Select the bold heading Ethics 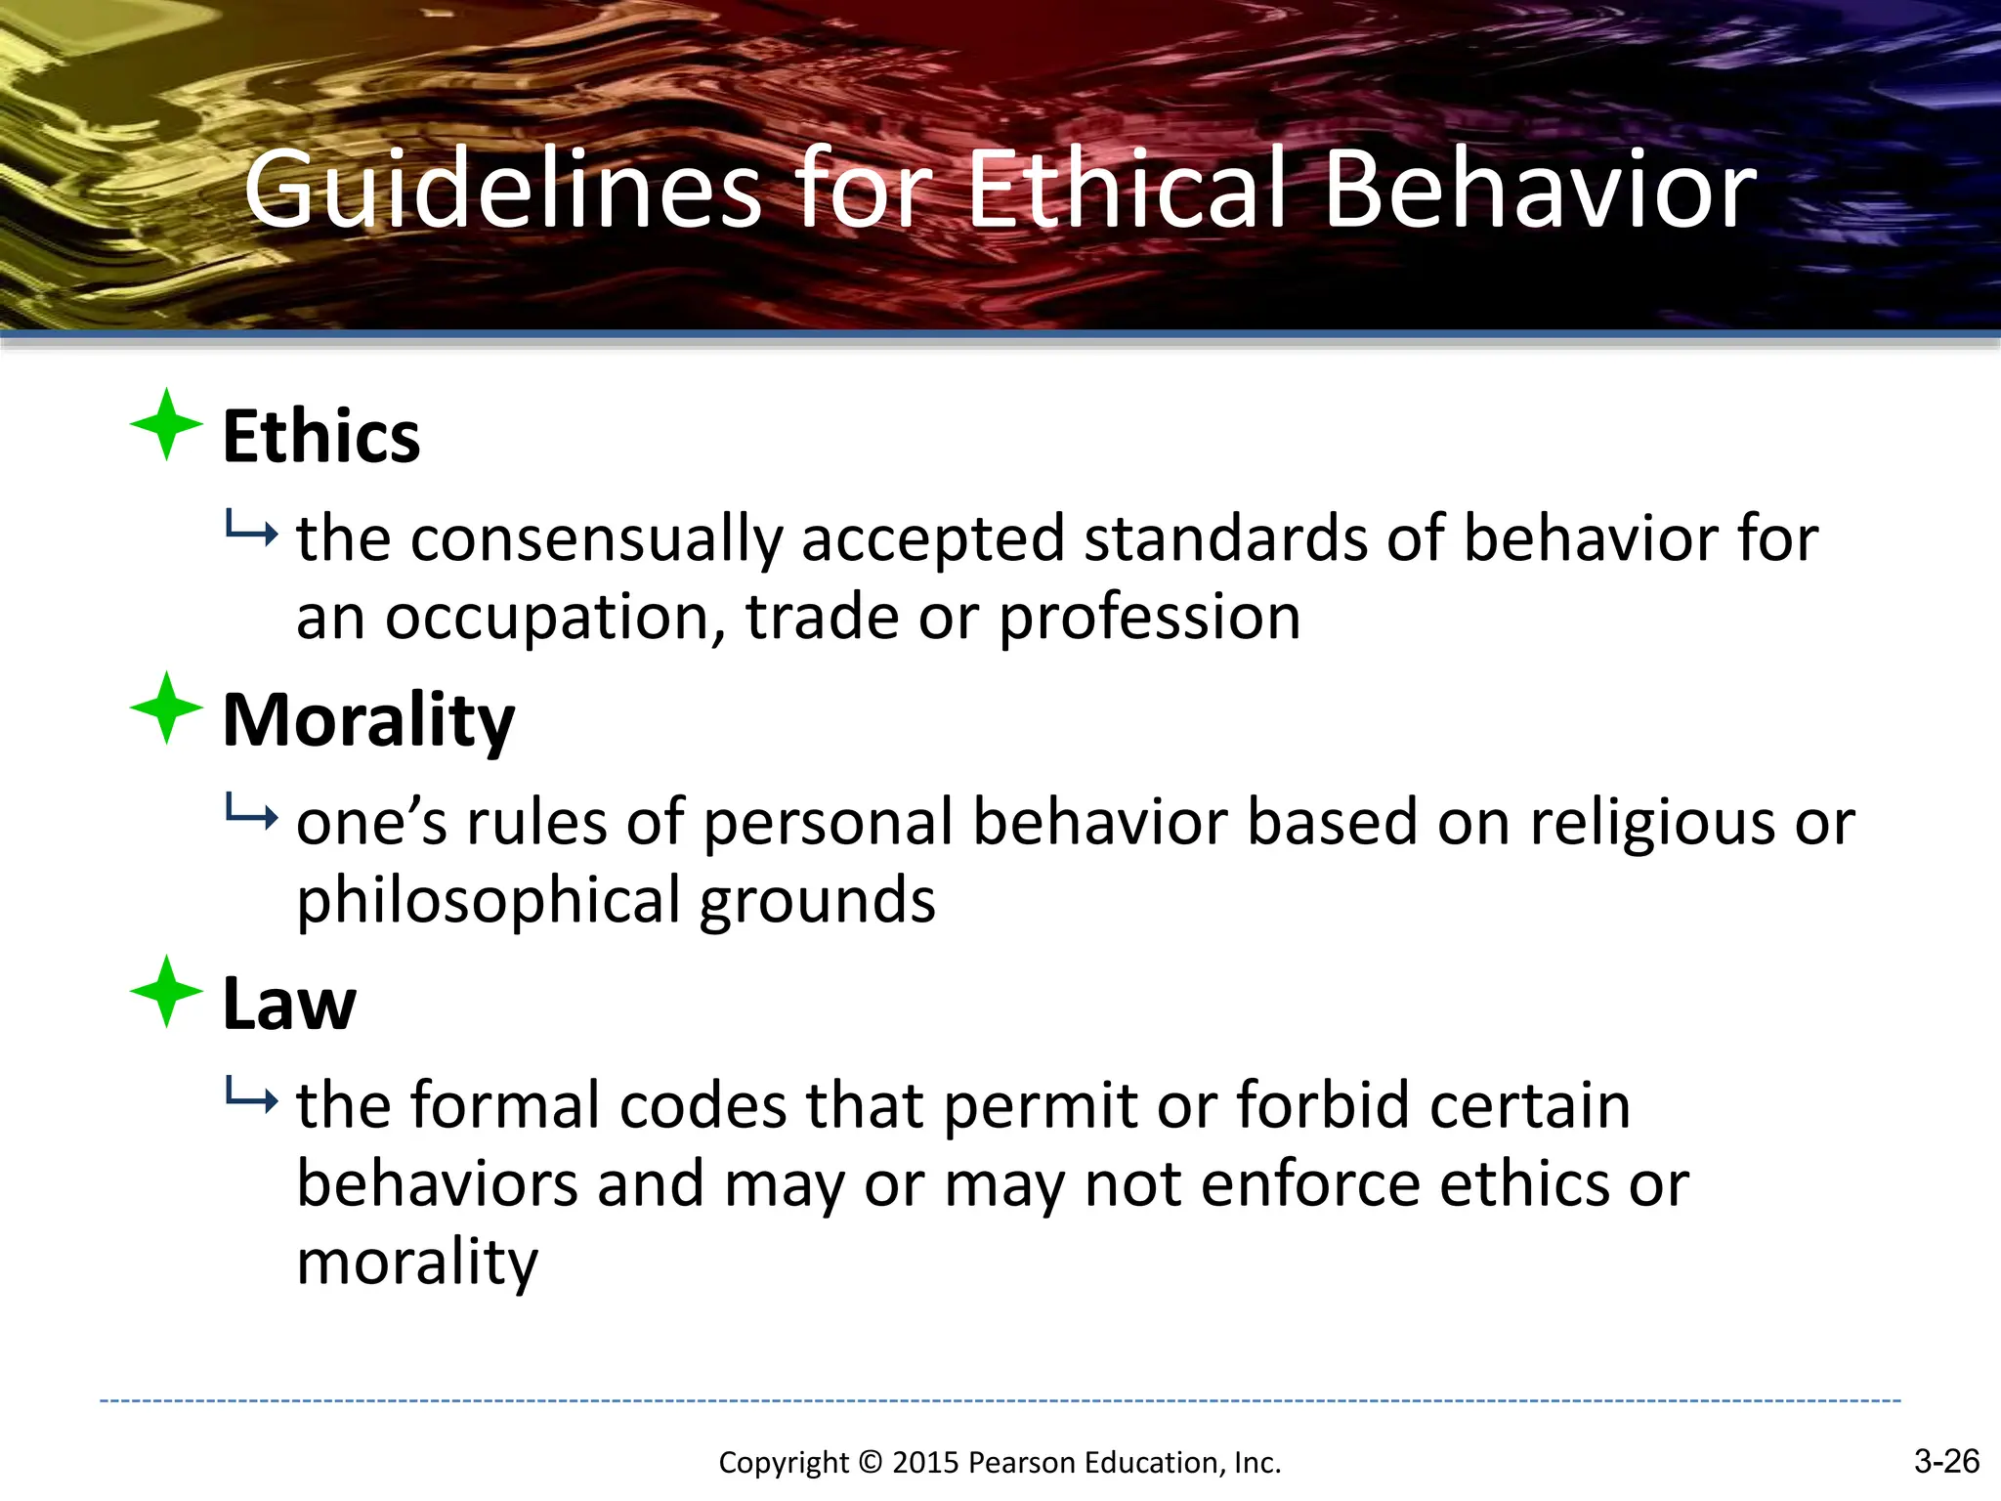[321, 436]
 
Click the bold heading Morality [368, 720]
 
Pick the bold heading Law [289, 1004]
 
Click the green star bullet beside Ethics [167, 424]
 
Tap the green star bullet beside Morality [167, 708]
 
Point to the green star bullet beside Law [167, 991]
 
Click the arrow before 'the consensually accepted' [251, 531]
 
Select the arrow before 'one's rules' [251, 814]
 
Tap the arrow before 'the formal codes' [251, 1097]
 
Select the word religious [1652, 823]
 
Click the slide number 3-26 [1946, 1461]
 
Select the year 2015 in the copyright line [926, 1463]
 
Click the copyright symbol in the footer [870, 1463]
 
